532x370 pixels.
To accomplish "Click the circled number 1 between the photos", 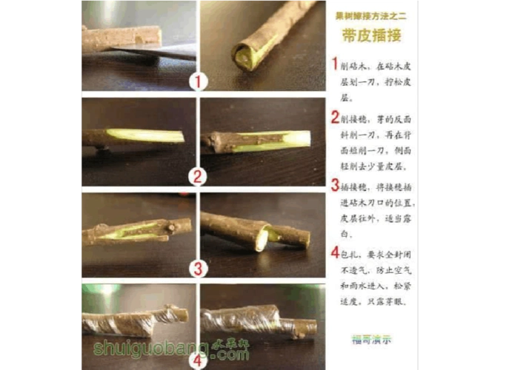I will click(197, 81).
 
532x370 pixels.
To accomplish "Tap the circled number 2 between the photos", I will click(197, 176).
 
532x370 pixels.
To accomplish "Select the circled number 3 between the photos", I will click(197, 268).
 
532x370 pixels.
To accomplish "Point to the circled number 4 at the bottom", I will click(197, 361).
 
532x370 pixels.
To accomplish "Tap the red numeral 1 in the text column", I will click(335, 64).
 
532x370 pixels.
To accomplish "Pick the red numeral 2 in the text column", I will click(335, 117).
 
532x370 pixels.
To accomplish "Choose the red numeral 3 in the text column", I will click(335, 185).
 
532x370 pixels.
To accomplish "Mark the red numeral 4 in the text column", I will click(335, 252).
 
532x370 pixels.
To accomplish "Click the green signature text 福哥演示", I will click(371, 340).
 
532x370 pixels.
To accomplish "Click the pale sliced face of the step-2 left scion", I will click(144, 136).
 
